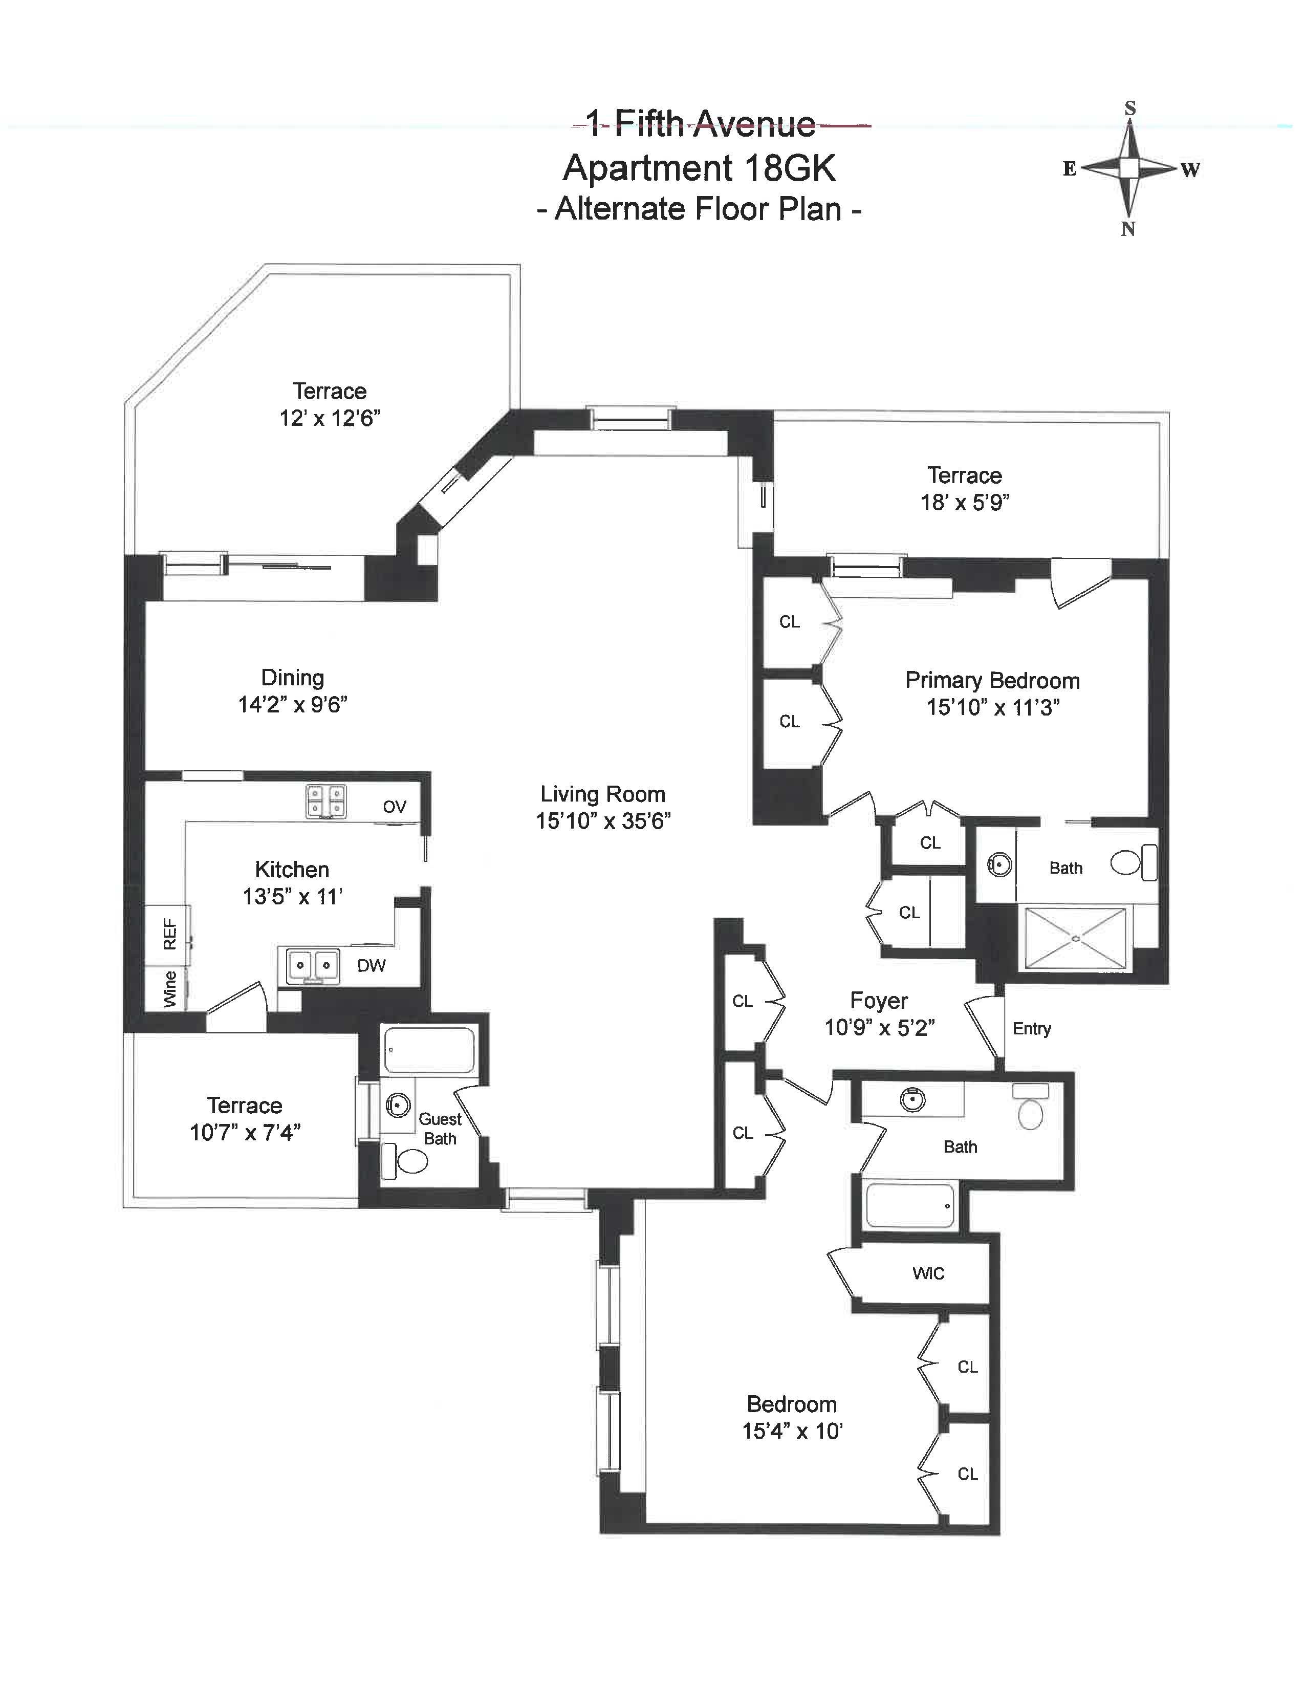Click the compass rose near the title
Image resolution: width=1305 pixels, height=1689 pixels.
pyautogui.click(x=1129, y=168)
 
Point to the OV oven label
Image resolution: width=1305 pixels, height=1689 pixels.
pyautogui.click(x=394, y=807)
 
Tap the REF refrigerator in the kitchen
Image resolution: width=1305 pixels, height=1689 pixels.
pyautogui.click(x=168, y=934)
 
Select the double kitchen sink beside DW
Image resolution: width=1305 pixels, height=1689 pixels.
pyautogui.click(x=313, y=966)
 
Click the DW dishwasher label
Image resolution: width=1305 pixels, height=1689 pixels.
pyautogui.click(x=371, y=965)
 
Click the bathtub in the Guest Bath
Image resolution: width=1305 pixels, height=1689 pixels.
pyautogui.click(x=428, y=1049)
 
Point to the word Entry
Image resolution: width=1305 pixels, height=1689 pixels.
pyautogui.click(x=1031, y=1029)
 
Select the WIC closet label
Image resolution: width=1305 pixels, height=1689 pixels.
pyautogui.click(x=928, y=1273)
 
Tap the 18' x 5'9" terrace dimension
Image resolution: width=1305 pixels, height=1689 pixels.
pyautogui.click(x=965, y=502)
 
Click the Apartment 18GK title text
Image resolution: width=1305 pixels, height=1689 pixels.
pyautogui.click(x=700, y=168)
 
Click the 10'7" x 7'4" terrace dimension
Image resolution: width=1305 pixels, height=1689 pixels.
pyautogui.click(x=245, y=1132)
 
